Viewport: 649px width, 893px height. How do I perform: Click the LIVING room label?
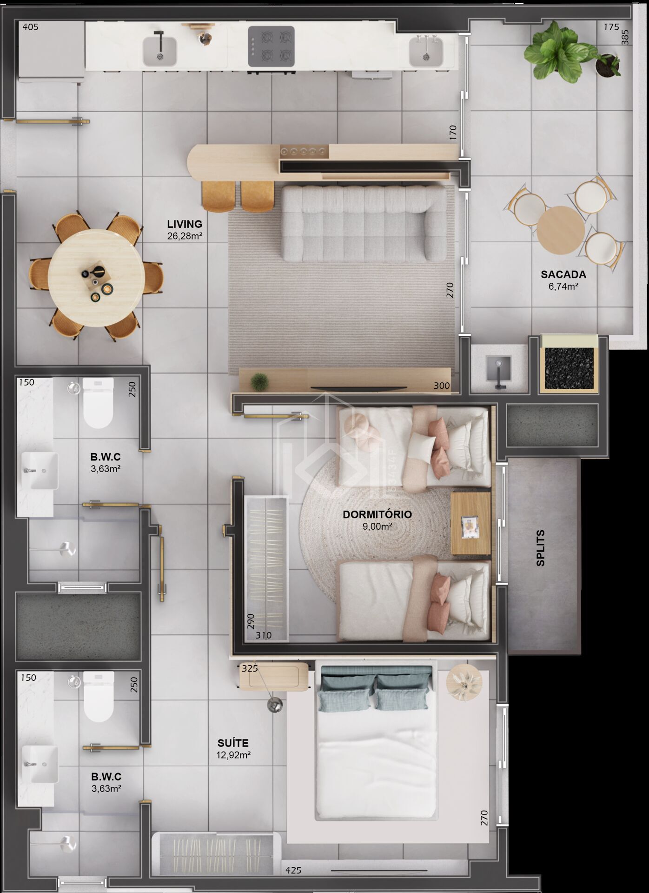(185, 224)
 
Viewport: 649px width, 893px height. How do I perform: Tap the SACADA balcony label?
(563, 274)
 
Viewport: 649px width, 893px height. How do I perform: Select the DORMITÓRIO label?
(377, 514)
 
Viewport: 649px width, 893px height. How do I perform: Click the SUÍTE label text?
(233, 743)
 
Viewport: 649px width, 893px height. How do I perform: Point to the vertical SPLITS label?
(540, 548)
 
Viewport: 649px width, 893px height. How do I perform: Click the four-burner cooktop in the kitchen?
(271, 47)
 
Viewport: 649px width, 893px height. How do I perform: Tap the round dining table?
(95, 278)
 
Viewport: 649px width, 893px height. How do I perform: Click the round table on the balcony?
(561, 230)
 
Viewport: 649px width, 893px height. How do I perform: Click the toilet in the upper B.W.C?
(98, 403)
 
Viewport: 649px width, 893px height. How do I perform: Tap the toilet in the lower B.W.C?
(99, 696)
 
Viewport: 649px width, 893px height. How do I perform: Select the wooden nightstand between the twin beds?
(470, 524)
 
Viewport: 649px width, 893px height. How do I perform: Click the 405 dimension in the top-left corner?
(31, 27)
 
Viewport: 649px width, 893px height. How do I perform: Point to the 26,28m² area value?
(185, 236)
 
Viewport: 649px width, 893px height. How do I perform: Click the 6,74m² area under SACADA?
(563, 287)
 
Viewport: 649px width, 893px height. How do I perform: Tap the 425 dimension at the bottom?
(293, 870)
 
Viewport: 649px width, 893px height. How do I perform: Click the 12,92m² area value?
(233, 755)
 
